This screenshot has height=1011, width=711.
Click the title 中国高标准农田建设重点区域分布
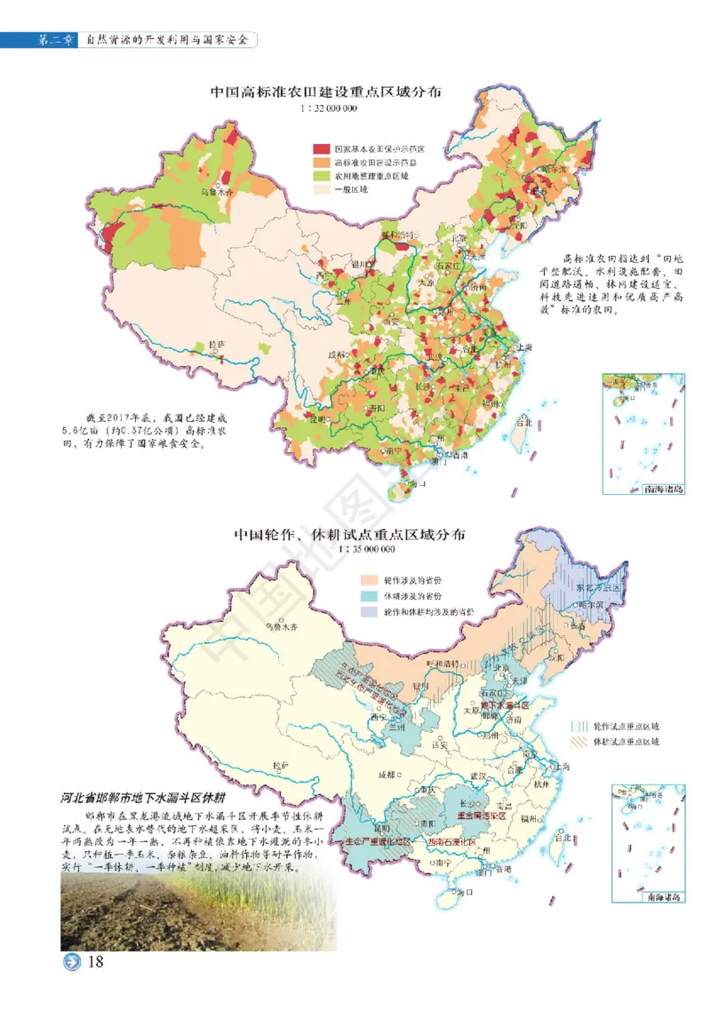(327, 92)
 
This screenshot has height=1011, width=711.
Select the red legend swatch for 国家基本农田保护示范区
(320, 148)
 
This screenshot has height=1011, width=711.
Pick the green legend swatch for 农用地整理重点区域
(320, 175)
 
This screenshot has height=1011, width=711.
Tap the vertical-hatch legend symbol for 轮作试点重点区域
(579, 725)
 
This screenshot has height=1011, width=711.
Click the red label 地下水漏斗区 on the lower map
(505, 705)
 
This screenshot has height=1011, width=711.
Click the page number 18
(96, 963)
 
